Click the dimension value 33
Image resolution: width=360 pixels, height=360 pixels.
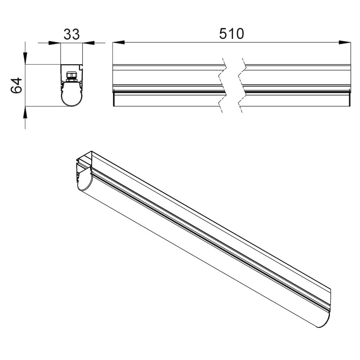(71, 35)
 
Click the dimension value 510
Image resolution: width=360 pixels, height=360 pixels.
(231, 34)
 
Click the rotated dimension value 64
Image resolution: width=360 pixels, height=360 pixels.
(17, 85)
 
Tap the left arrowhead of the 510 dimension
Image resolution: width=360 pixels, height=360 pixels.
(118, 42)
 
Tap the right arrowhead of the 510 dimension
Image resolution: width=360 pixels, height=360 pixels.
(345, 42)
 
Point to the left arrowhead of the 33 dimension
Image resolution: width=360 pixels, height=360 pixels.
(55, 43)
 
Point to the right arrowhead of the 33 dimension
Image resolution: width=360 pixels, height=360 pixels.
(89, 43)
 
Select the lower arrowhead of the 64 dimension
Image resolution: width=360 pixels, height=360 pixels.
(25, 112)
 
